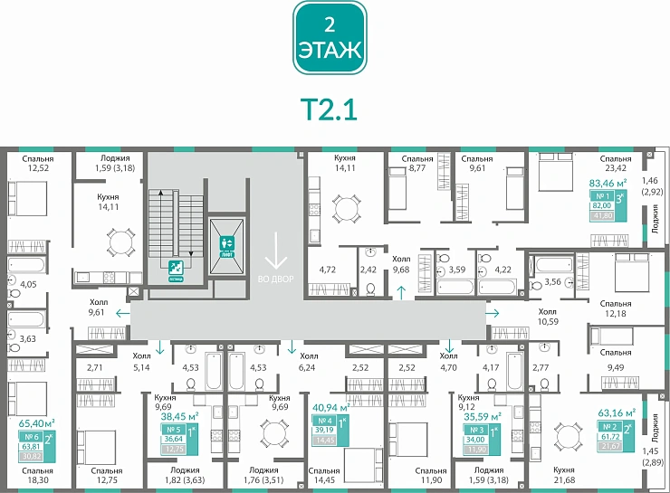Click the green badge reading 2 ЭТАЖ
[x=330, y=38]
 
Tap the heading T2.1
[x=330, y=109]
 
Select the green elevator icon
[x=226, y=243]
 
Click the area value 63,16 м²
[x=617, y=412]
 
